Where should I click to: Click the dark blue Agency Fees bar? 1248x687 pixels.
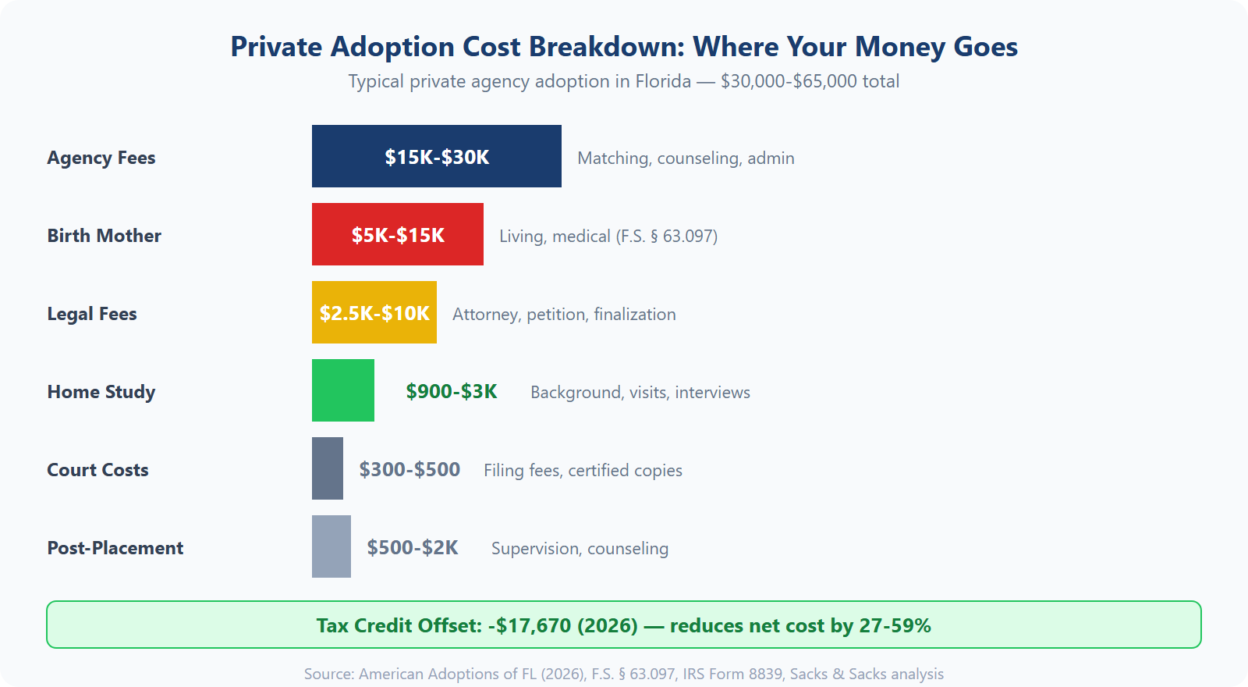[x=436, y=156]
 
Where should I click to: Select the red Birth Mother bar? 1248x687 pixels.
[x=397, y=234]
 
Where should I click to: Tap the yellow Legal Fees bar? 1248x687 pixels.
[x=374, y=312]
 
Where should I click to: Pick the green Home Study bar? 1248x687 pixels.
[x=342, y=390]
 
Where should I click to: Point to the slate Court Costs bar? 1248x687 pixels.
[x=327, y=468]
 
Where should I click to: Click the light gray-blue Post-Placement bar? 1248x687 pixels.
[x=331, y=546]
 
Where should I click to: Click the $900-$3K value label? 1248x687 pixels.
[x=451, y=391]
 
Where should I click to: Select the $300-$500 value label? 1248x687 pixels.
[x=409, y=469]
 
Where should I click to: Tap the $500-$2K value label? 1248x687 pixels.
[x=412, y=547]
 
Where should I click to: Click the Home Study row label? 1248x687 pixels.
[x=101, y=392]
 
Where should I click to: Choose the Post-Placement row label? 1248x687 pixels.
[x=115, y=548]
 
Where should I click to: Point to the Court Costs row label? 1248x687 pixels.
[x=97, y=470]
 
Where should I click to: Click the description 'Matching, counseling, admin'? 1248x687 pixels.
[x=686, y=158]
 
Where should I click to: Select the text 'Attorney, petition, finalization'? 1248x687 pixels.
[x=564, y=315]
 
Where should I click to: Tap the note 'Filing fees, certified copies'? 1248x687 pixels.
[x=583, y=471]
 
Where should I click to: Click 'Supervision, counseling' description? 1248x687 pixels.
[x=580, y=549]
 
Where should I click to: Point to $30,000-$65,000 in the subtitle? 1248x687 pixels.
[x=789, y=81]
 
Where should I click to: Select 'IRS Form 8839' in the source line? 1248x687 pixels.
[x=732, y=674]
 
